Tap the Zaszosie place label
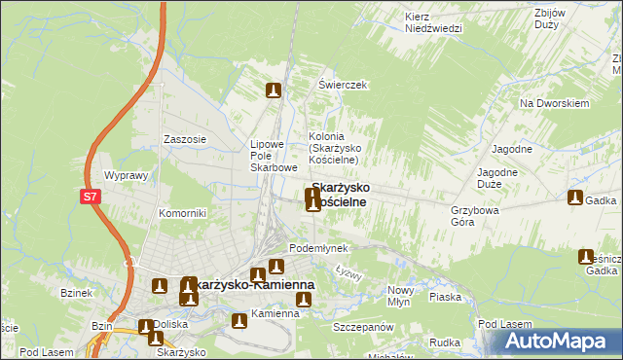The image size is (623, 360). pos(185,139)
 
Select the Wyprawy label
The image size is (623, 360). pos(125,176)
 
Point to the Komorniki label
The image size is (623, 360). pos(182,213)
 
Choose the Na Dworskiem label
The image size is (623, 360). pos(555,103)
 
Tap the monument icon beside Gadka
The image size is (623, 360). pos(575,198)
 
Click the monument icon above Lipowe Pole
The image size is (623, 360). pos(274,91)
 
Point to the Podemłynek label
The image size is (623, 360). pos(318,248)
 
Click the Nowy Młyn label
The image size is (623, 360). pos(401,296)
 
